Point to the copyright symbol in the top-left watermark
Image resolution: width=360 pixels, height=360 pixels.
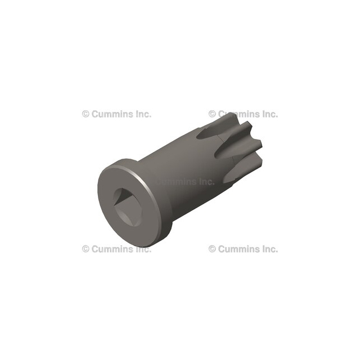(85, 114)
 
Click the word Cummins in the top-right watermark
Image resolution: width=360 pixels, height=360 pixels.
(239, 114)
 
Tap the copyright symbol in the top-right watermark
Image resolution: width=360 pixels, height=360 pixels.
(212, 114)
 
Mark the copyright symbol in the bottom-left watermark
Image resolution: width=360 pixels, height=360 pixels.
(85, 249)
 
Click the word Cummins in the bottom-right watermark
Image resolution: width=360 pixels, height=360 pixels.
(239, 249)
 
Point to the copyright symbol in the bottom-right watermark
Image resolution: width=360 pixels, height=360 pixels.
(212, 249)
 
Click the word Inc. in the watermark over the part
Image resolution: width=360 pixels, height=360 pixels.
(206, 181)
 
